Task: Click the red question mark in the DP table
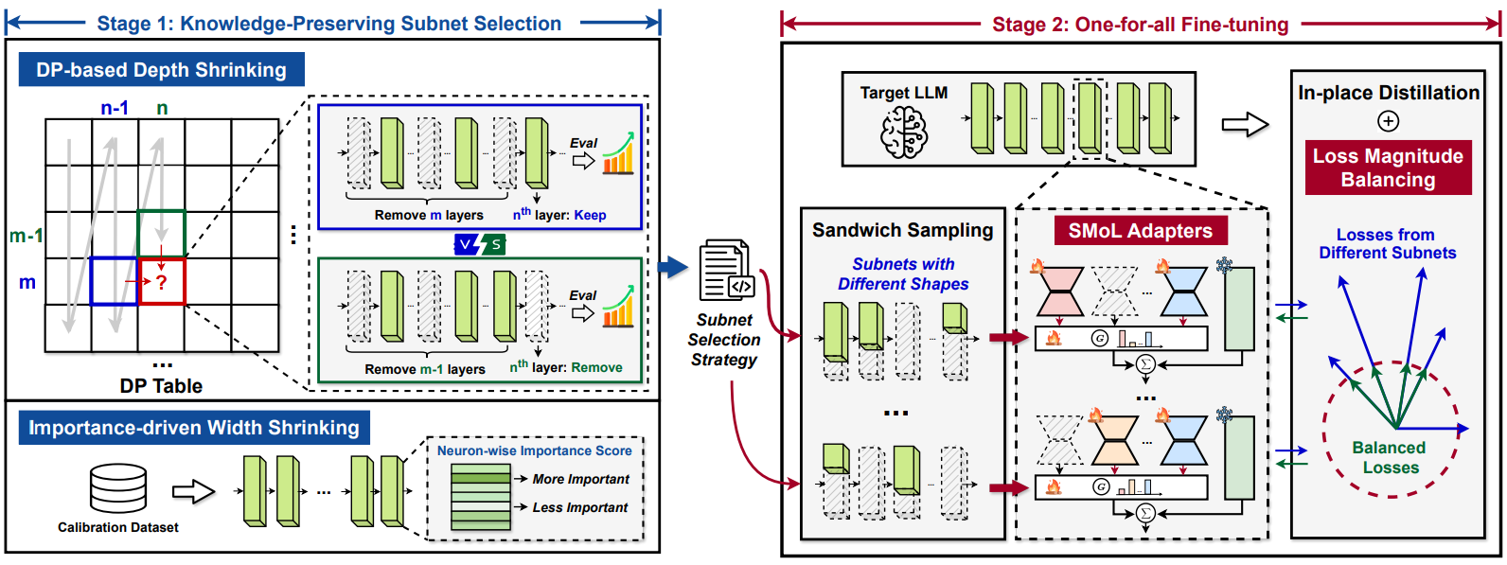[162, 282]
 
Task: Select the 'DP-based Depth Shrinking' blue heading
[161, 70]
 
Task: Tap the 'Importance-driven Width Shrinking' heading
[194, 428]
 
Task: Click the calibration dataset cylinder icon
[118, 487]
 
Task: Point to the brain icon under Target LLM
[904, 132]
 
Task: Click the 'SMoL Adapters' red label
[1140, 231]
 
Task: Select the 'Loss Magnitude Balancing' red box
[1388, 168]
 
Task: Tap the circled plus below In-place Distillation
[1388, 121]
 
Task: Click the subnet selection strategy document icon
[726, 272]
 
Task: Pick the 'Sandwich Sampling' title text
[902, 230]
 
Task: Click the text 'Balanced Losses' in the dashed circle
[1390, 457]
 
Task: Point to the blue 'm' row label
[27, 282]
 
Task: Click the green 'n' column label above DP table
[162, 108]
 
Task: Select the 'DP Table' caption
[161, 385]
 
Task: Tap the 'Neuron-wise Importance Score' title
[534, 450]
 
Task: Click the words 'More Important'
[580, 479]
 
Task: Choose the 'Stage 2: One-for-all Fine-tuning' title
[1140, 25]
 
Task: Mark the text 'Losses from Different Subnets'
[1387, 243]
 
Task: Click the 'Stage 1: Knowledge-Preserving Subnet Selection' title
[328, 24]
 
